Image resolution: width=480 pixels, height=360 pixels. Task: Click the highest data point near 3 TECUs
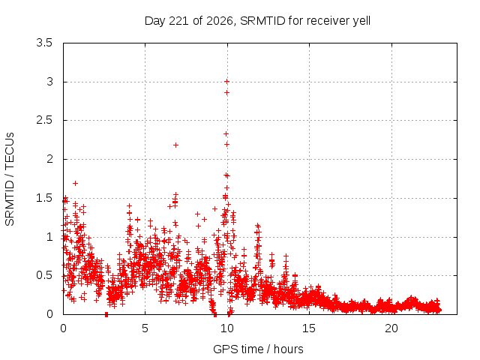point(226,82)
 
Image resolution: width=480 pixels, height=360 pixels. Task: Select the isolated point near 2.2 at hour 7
point(175,145)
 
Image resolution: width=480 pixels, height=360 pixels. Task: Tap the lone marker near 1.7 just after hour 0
point(75,183)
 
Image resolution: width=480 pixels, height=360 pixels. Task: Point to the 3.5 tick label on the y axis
point(44,43)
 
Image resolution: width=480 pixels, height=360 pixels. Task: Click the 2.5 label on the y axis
point(44,120)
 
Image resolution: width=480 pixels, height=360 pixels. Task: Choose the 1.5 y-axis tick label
point(44,198)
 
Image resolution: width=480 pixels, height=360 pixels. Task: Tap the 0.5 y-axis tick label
point(44,275)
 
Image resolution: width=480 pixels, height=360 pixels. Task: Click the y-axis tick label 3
point(49,82)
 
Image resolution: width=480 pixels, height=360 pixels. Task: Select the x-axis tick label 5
point(145,328)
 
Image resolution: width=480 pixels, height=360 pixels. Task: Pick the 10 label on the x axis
point(227,328)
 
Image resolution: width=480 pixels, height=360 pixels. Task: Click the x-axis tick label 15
point(309,328)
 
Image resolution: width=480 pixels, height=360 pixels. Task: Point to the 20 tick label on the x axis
point(391,328)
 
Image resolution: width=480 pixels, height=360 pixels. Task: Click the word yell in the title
point(361,21)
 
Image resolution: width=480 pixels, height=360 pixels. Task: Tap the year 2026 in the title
point(220,21)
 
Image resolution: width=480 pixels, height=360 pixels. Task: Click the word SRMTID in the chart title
point(262,21)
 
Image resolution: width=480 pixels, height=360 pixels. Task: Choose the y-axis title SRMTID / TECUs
point(10,179)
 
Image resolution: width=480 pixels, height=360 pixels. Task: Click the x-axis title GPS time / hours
point(258,349)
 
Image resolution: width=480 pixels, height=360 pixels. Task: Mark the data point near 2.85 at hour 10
point(226,92)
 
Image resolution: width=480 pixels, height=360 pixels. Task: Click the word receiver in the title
point(328,21)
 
